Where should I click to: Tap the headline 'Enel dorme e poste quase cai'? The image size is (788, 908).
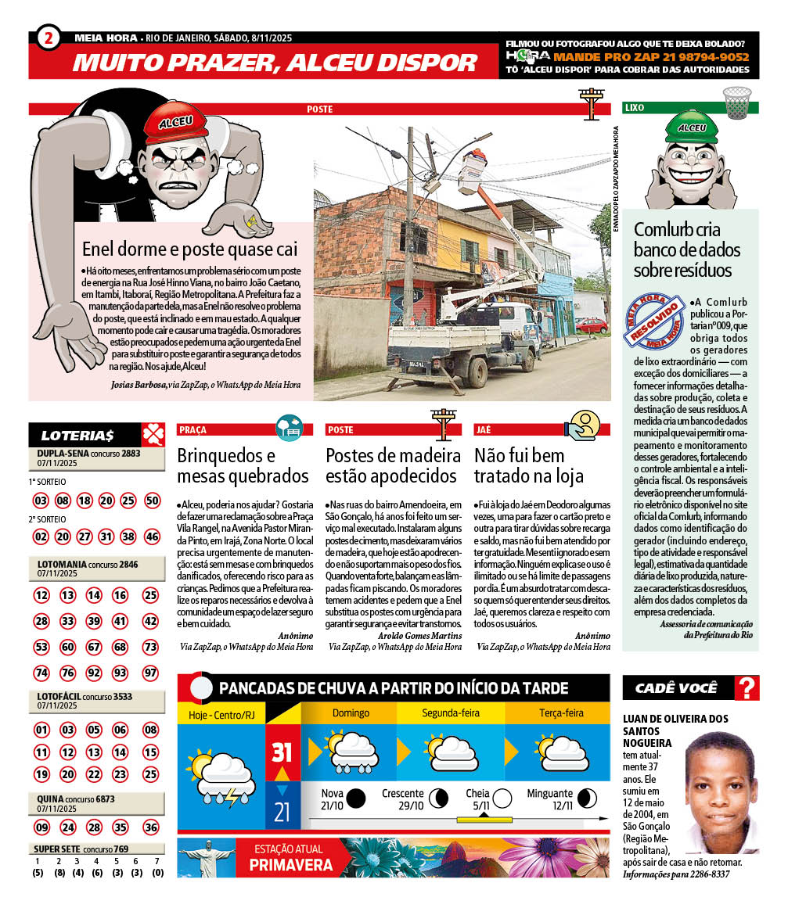click(x=190, y=249)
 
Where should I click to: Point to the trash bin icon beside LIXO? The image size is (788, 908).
click(x=736, y=103)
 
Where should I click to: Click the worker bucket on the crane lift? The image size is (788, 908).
click(x=473, y=167)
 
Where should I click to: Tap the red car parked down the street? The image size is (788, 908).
click(x=591, y=325)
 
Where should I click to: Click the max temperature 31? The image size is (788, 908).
click(x=282, y=752)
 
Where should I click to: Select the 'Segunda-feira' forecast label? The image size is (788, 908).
click(x=451, y=713)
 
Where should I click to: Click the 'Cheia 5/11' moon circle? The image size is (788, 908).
click(x=502, y=798)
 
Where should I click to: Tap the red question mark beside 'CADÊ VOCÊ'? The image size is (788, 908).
click(x=747, y=688)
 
